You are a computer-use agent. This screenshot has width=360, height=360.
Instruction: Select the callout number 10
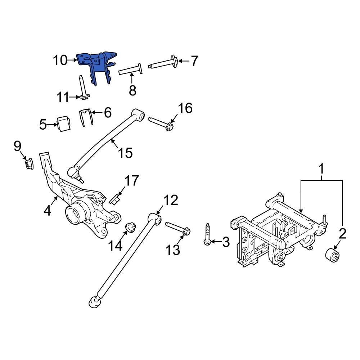60,60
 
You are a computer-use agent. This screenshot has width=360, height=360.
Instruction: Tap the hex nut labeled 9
28,164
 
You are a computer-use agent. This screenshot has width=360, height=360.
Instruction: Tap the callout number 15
126,153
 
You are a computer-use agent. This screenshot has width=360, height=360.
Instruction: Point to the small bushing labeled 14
130,228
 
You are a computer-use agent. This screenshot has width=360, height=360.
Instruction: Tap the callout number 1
321,169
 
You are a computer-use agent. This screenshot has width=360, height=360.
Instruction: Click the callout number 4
48,210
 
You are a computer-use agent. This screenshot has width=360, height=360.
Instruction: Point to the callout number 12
171,201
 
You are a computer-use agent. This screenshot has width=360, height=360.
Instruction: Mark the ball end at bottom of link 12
94,302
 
